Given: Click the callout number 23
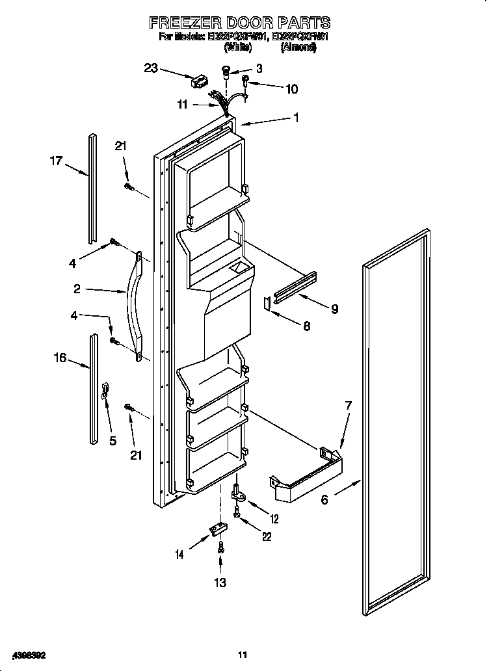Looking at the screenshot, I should pos(151,68).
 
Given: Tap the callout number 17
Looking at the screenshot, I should pos(56,161).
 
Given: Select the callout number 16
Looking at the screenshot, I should pos(60,357).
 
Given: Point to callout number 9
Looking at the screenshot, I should pos(334,309).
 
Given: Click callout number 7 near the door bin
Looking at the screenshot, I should pos(348,406).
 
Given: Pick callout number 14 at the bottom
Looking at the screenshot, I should pos(178,554).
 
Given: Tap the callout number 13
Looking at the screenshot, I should pos(221,583).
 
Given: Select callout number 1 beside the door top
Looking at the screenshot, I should pos(296,118).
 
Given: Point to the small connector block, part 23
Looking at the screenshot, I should pos(198,83).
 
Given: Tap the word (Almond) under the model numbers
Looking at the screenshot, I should pos(298,47).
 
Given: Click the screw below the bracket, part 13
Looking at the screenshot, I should pos(221,547).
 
